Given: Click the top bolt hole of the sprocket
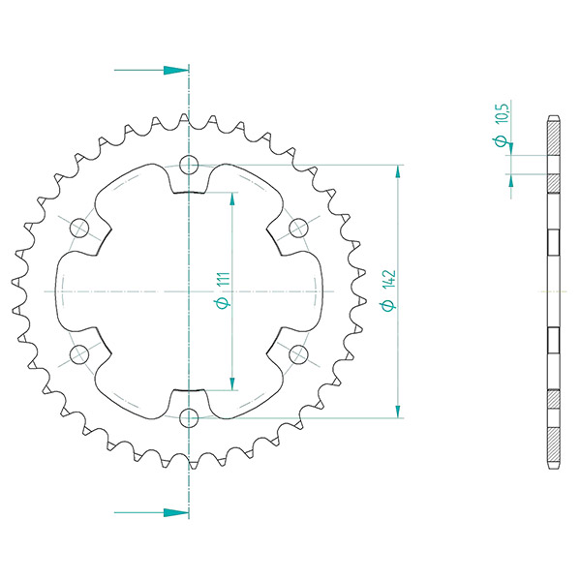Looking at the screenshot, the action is tap(189, 165).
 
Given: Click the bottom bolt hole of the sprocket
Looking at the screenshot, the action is tap(189, 418).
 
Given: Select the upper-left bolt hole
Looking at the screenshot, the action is tap(79, 228).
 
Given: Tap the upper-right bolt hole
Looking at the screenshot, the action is tap(298, 228).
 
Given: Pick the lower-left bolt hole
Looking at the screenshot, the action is tap(79, 354).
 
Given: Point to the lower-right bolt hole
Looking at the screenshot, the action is tap(298, 354).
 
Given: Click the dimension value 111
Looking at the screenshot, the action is tap(224, 279).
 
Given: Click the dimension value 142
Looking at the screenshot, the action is tap(389, 280).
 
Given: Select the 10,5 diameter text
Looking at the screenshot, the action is tap(501, 113).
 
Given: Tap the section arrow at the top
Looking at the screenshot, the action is tap(152, 70).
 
